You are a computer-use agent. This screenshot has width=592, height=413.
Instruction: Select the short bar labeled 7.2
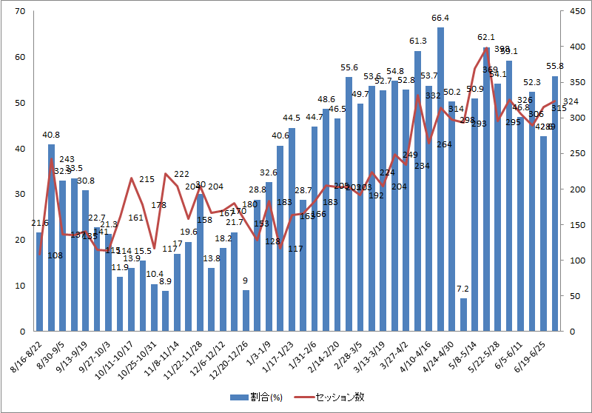(x=463, y=315)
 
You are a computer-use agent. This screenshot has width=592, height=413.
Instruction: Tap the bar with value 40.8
(x=51, y=238)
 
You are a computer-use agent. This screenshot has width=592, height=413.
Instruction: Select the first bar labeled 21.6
(x=40, y=282)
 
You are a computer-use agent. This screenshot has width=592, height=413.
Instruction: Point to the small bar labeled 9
(x=246, y=311)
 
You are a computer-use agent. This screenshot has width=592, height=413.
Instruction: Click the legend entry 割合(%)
(x=255, y=397)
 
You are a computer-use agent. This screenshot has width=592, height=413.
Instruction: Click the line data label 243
(x=67, y=159)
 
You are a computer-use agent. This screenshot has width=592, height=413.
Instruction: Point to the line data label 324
(x=571, y=101)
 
